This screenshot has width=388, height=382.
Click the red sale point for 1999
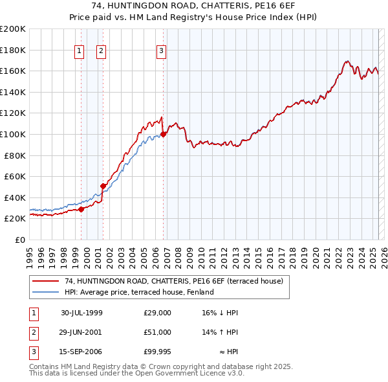click(81, 209)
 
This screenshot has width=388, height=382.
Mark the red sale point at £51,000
click(103, 186)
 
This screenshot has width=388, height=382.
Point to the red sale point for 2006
click(163, 135)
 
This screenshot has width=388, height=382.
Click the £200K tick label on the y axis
click(13, 29)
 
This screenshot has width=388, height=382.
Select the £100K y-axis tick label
click(13, 134)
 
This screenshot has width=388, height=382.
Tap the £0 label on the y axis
click(19, 240)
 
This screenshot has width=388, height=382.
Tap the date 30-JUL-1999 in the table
click(81, 313)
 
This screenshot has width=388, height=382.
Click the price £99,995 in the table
click(157, 352)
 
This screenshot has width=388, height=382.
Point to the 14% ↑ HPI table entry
click(221, 332)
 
